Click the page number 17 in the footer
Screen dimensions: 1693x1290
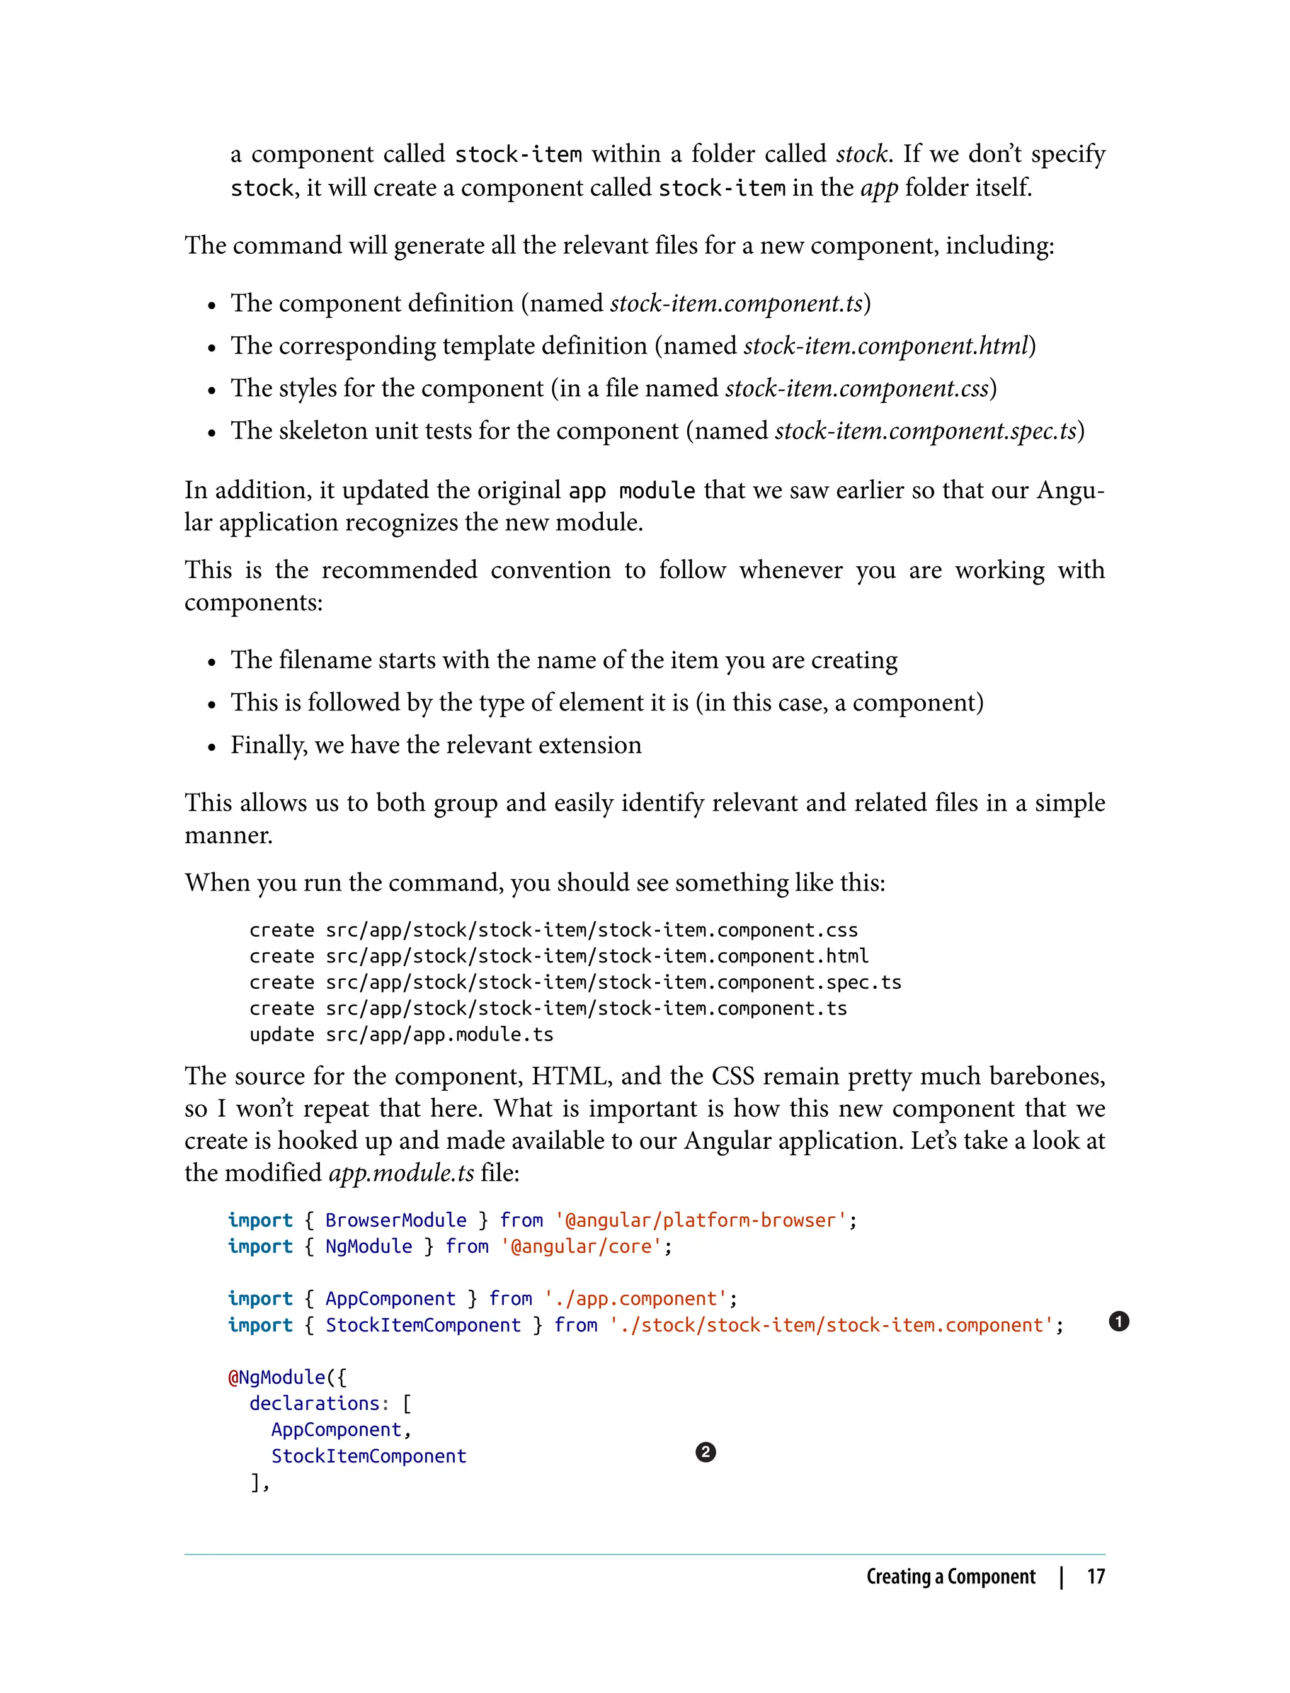1096,1576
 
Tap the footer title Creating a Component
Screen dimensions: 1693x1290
950,1576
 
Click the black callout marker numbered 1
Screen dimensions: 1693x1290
1119,1321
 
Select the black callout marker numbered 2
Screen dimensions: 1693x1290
705,1452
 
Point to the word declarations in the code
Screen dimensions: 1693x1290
314,1403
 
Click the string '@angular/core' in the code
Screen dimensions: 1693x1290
581,1246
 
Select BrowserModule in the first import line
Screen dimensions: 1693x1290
396,1220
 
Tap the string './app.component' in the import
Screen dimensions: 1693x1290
635,1298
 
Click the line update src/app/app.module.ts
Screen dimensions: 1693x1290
401,1034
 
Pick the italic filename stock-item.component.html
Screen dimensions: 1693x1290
886,346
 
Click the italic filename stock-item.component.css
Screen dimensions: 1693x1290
857,389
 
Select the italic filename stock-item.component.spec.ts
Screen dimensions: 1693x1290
926,431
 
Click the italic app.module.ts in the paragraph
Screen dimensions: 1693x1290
401,1172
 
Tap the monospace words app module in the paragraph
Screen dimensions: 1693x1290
631,491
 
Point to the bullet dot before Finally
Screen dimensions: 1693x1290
212,746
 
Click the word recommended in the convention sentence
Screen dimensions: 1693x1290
399,570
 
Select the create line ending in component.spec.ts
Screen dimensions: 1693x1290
574,982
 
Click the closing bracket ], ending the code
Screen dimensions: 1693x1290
260,1482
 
